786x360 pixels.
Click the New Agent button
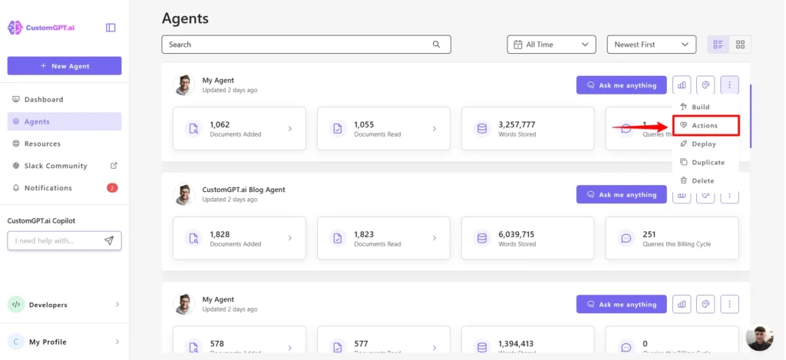pos(64,66)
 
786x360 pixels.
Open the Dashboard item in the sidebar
pos(43,100)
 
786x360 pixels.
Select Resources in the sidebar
pos(41,144)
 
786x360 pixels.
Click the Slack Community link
pos(55,166)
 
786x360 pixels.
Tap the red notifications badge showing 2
pos(112,188)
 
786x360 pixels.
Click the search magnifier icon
pos(437,45)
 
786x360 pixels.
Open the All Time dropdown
pos(551,45)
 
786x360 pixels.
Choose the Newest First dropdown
pos(651,45)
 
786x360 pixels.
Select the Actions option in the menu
pos(705,125)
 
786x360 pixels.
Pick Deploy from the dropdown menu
pos(703,144)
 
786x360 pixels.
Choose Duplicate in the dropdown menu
pos(708,162)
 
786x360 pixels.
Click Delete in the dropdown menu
pos(702,180)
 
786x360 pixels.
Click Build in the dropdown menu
pos(700,107)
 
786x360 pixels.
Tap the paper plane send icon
pos(109,241)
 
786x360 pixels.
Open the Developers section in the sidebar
pos(48,305)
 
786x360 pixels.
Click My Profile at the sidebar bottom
pos(48,342)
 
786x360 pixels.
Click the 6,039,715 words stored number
pos(517,234)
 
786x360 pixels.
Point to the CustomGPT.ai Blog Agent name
pos(243,190)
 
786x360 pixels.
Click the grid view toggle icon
pos(740,45)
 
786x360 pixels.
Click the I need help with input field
pos(54,241)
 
